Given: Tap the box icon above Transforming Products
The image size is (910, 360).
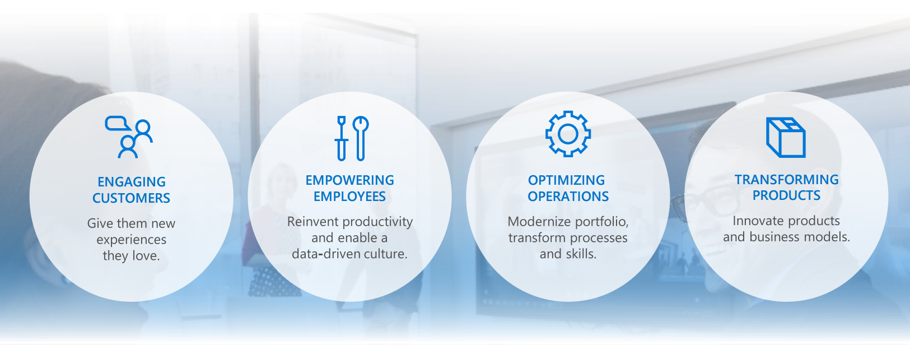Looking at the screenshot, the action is coord(785,137).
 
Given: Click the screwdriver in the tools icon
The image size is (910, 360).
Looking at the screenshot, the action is coord(341,138).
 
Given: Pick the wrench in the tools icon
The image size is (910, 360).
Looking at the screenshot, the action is coord(360,138).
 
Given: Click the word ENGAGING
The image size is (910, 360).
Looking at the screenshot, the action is coord(132,182).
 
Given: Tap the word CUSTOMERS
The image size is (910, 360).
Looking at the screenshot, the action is coord(131,198).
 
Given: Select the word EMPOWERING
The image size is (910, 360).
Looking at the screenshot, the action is coord(350,180).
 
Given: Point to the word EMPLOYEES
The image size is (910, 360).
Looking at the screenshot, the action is coord(350,197).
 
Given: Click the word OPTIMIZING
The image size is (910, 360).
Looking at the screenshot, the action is coord(566,180).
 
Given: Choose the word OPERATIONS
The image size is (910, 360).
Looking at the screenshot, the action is coord(568,197).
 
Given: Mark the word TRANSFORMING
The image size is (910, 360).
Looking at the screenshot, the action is coord(786,180).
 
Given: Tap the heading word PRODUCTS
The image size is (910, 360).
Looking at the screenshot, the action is coord(786,195).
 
